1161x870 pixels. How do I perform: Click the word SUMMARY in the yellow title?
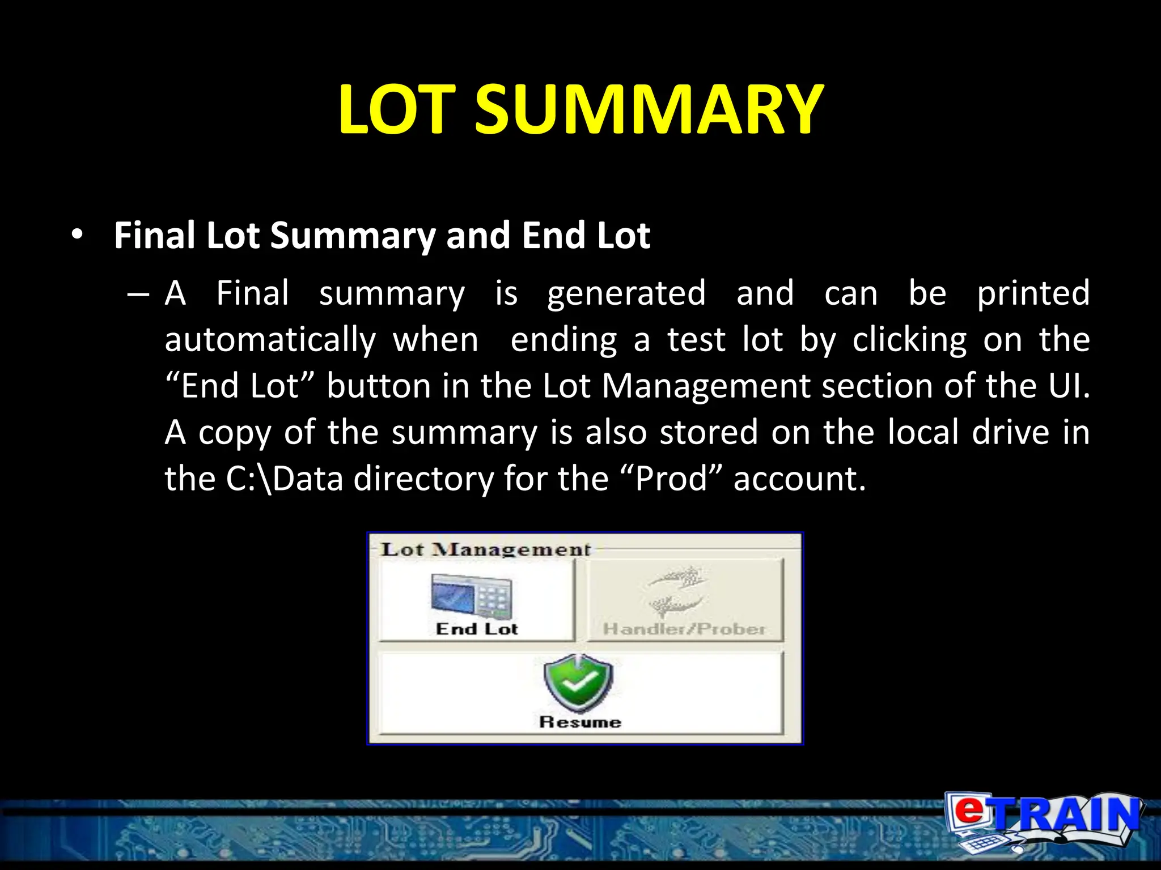click(x=649, y=109)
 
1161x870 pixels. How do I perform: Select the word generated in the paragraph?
click(x=626, y=294)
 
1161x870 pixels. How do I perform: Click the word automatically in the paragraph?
click(x=270, y=340)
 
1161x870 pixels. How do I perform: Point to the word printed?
click(x=1033, y=293)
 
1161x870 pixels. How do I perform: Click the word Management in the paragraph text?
click(x=705, y=386)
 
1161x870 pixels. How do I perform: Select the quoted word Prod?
click(x=671, y=479)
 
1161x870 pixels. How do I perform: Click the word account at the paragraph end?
click(x=799, y=479)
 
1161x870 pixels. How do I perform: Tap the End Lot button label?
click(x=477, y=629)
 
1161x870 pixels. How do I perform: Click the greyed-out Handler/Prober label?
click(x=684, y=629)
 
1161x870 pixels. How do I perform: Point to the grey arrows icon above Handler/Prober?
click(x=677, y=590)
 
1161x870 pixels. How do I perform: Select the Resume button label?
click(x=580, y=722)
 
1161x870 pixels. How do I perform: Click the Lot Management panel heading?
click(x=485, y=549)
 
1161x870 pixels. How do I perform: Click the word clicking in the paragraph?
click(x=909, y=340)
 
